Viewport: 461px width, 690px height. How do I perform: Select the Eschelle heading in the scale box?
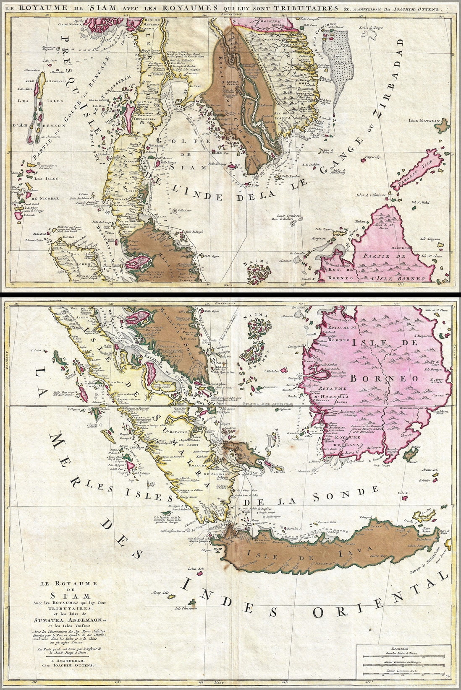(x=399, y=635)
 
